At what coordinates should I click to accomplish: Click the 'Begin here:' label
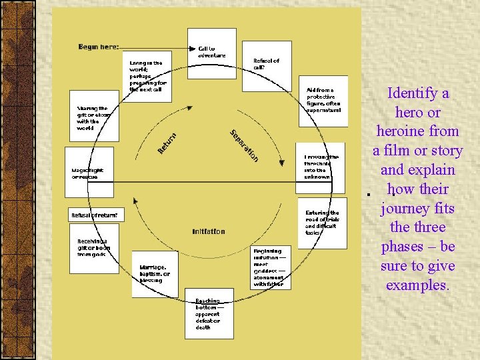(99, 47)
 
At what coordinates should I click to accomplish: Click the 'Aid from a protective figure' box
(323, 100)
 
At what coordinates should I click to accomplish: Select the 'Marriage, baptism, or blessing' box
(155, 273)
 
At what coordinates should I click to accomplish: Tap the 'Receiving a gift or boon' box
(94, 247)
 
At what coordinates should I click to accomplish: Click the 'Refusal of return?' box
(96, 215)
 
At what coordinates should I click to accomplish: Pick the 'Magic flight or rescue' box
(89, 173)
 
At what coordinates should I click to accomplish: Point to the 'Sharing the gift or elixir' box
(94, 117)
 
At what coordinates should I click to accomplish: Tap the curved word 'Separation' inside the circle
(244, 145)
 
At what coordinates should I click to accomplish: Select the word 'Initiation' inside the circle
(209, 232)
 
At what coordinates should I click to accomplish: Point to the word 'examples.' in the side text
(418, 285)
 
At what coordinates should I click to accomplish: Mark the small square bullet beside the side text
(367, 194)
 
